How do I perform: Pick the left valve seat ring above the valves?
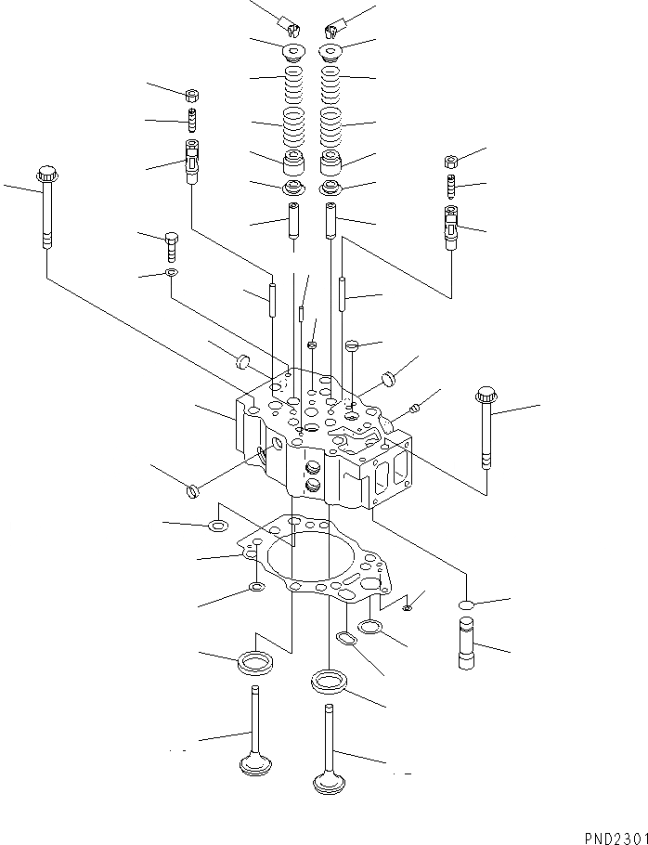tap(254, 662)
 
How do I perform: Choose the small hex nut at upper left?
tap(192, 94)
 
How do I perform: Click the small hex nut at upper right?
tap(451, 160)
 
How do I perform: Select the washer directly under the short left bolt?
tap(171, 274)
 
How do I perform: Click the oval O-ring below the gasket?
tap(345, 641)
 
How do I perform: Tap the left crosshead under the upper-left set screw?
tap(192, 158)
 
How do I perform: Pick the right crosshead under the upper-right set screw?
tap(451, 227)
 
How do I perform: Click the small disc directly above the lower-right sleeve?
tap(467, 605)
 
